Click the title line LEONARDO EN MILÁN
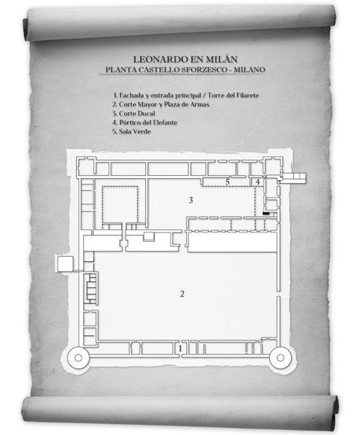185,60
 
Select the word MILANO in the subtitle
249,70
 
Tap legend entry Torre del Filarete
233,95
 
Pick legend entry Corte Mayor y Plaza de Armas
161,105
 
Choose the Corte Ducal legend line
134,113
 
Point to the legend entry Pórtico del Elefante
144,122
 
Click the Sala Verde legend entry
131,131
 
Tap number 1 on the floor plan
180,348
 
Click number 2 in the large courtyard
183,294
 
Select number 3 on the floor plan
191,200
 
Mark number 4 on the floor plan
258,182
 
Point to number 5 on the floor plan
228,182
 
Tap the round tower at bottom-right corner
280,358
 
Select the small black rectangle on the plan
267,213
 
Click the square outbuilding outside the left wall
65,263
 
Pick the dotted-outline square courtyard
120,205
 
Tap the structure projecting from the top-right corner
293,178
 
